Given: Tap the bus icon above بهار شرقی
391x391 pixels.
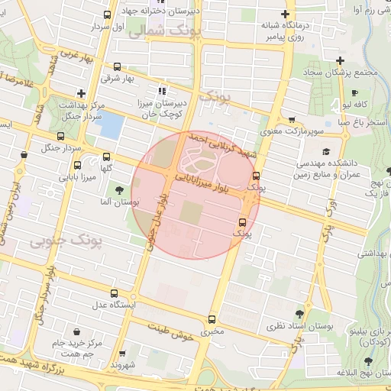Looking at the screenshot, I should pyautogui.click(x=117, y=66).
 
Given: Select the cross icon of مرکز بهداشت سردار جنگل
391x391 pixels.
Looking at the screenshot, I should pyautogui.click(x=80, y=93).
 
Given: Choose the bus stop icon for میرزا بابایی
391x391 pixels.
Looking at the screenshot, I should pyautogui.click(x=77, y=166).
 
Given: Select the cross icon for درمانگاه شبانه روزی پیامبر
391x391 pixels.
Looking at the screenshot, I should pyautogui.click(x=286, y=15).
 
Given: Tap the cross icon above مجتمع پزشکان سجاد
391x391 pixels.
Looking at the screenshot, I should pyautogui.click(x=340, y=61).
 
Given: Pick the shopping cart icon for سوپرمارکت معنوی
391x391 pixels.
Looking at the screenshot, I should pyautogui.click(x=292, y=120).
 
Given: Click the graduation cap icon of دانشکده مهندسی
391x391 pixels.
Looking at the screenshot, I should pyautogui.click(x=327, y=152).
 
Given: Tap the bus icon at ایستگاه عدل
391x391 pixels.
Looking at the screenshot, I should pyautogui.click(x=114, y=293).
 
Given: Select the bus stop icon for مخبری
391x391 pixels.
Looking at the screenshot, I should pyautogui.click(x=212, y=320).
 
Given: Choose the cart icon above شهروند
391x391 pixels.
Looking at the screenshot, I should pyautogui.click(x=121, y=354).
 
